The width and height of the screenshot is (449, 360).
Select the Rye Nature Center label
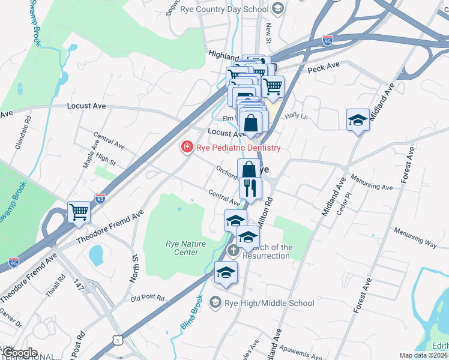click(182, 248)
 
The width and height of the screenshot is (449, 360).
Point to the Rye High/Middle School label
click(269, 303)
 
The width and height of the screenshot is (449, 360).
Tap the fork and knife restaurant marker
click(250, 187)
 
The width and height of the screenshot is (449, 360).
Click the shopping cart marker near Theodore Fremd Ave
click(79, 212)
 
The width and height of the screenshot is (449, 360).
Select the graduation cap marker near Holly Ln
click(358, 119)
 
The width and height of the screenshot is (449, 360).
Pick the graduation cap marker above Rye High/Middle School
click(226, 274)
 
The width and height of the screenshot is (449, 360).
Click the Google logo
click(20, 353)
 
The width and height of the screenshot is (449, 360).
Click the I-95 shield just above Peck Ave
click(327, 40)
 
